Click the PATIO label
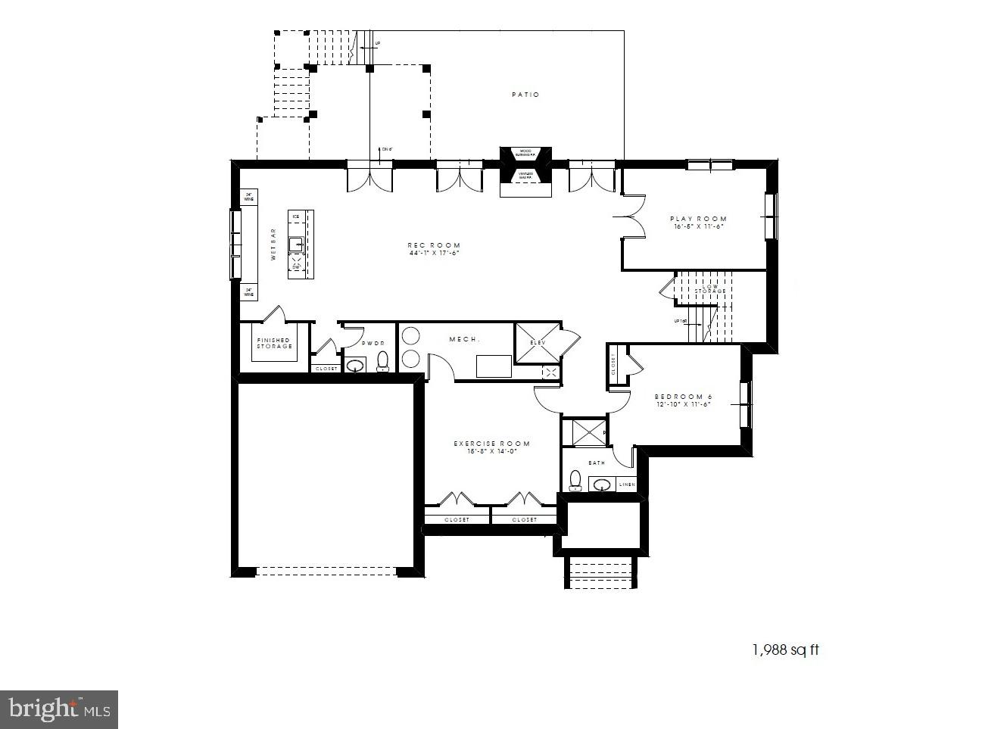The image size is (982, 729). point(525,95)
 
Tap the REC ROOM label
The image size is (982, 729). point(434,245)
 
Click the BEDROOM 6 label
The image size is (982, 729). point(683,397)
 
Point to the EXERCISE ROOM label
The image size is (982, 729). point(491,444)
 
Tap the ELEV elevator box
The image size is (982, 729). point(538,343)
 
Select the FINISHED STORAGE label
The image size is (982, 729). point(273,343)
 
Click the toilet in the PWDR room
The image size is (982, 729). point(382,362)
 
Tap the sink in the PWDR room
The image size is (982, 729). point(355,366)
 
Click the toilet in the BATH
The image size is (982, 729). point(575,481)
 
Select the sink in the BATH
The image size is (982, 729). point(603,484)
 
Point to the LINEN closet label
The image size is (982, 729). point(627,484)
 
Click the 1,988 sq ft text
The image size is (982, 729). point(785,650)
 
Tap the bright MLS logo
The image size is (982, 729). point(59,709)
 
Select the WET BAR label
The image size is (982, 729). point(274,245)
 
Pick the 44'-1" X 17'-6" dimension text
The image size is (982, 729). point(434,254)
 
